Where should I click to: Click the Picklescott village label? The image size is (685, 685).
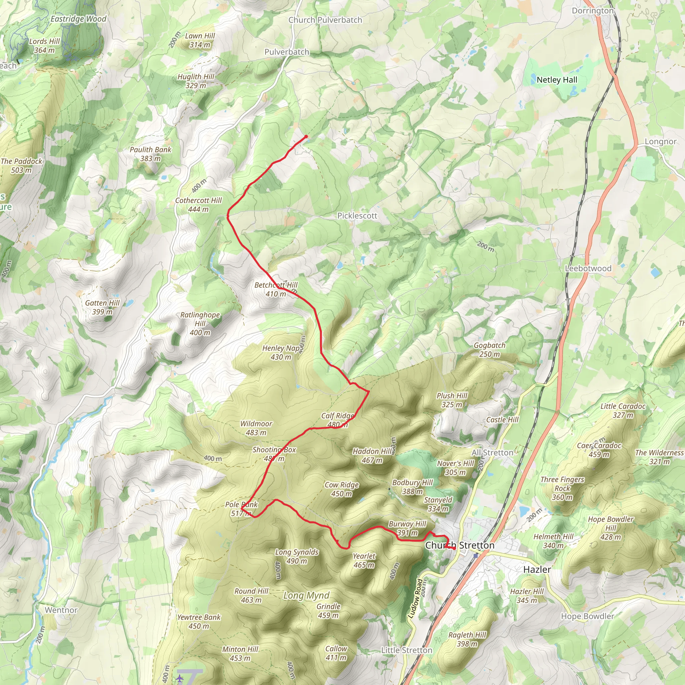tap(357, 216)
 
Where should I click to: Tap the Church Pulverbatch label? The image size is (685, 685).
tap(325, 20)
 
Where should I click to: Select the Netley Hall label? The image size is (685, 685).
tap(557, 80)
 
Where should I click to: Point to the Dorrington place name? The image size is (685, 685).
tap(592, 11)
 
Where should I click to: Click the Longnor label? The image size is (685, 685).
tap(661, 141)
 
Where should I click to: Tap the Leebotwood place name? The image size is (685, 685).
tap(588, 268)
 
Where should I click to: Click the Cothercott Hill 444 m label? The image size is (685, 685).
tap(198, 205)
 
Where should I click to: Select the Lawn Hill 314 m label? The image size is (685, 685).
tap(200, 40)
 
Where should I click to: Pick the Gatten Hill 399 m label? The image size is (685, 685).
tap(102, 307)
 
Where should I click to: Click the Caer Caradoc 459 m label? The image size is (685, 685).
tap(599, 450)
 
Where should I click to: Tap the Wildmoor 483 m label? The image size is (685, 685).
tap(256, 428)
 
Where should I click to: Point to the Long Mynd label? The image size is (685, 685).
tap(306, 596)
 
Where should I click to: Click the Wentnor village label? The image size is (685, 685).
tap(61, 610)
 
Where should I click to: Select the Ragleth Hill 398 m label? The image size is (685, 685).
tap(467, 639)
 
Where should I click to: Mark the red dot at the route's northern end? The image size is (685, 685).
tap(306, 136)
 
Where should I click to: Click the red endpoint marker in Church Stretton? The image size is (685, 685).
tap(454, 549)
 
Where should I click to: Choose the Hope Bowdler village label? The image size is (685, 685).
tap(587, 616)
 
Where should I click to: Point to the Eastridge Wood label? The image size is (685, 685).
tap(78, 19)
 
